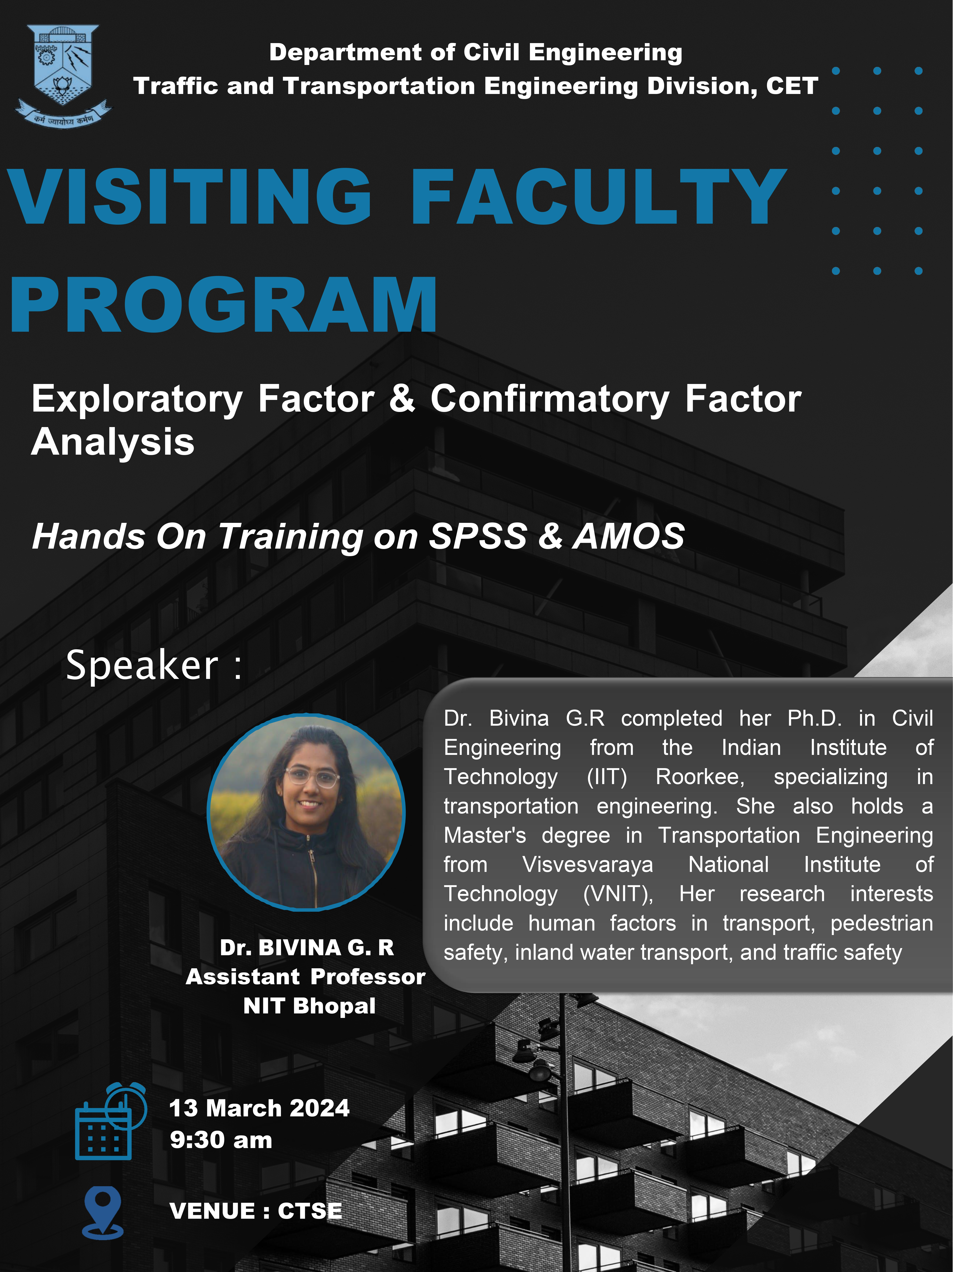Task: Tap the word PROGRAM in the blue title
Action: click(x=224, y=305)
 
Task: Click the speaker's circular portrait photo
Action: click(x=306, y=812)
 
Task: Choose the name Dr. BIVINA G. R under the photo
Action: click(x=306, y=947)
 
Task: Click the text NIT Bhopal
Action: click(x=309, y=1006)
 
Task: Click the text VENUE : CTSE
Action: click(x=256, y=1211)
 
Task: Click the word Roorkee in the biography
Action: click(x=700, y=777)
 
